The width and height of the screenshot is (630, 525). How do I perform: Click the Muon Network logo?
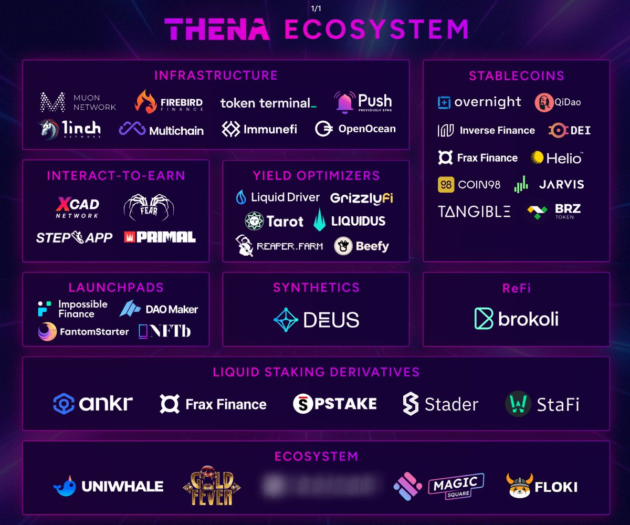click(x=78, y=102)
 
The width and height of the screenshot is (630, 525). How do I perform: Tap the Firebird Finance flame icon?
click(x=145, y=102)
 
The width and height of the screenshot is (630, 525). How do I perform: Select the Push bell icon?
click(x=345, y=102)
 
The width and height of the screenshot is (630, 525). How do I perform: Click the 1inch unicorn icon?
click(x=49, y=129)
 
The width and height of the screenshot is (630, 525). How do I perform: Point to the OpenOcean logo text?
click(x=366, y=129)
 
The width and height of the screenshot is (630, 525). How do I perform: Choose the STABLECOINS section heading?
click(x=516, y=76)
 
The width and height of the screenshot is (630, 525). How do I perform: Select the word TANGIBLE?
click(x=474, y=212)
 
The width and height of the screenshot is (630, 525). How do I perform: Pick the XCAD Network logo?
click(x=77, y=207)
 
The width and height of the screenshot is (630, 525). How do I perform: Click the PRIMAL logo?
click(x=160, y=237)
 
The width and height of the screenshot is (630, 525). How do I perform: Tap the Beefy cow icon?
click(x=343, y=246)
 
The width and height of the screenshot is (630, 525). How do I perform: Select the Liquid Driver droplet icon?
click(x=241, y=197)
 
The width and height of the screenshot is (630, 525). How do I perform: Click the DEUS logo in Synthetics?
click(x=316, y=320)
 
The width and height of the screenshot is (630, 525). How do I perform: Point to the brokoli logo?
click(x=516, y=319)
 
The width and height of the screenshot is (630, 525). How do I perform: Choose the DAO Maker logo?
click(x=159, y=309)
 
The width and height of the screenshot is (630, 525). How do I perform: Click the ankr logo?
click(x=93, y=404)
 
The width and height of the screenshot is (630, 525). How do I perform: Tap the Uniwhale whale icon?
click(x=65, y=487)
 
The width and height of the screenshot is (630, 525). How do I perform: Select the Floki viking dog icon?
click(x=519, y=486)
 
